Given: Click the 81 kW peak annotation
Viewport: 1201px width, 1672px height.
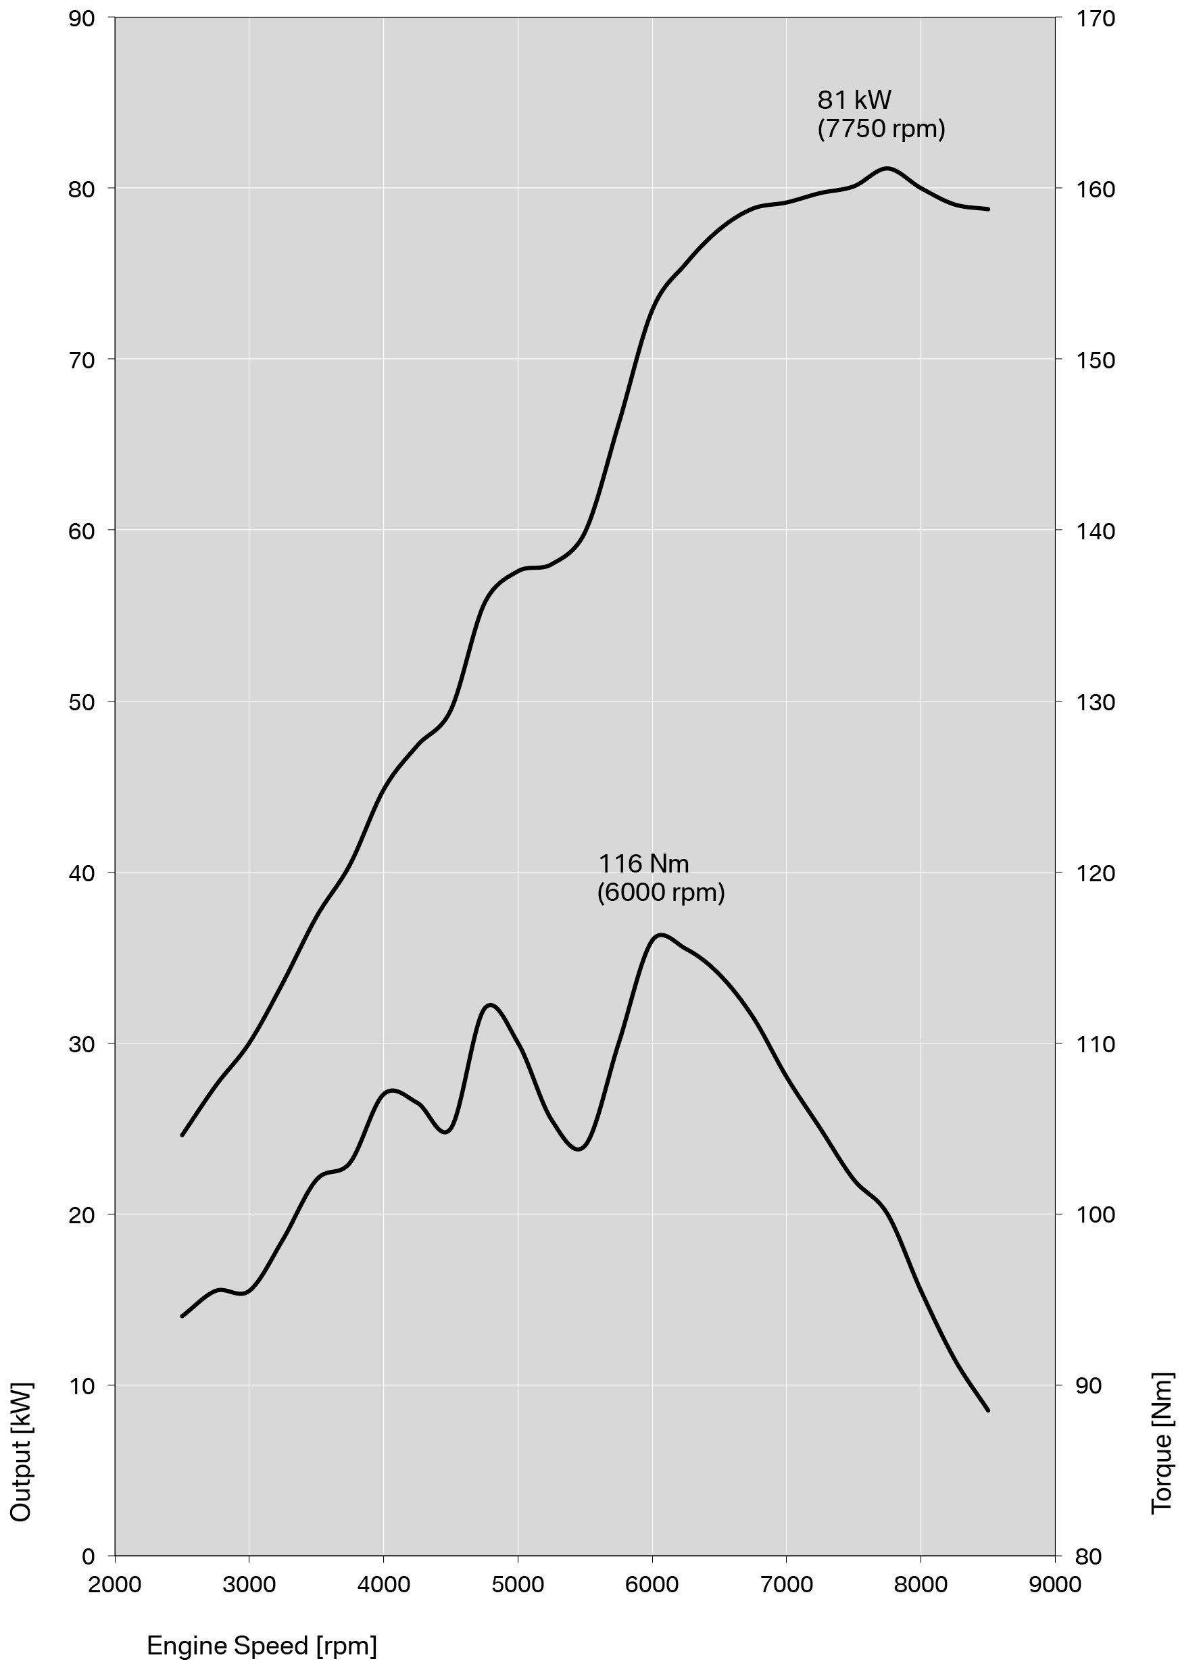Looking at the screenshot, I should tap(854, 99).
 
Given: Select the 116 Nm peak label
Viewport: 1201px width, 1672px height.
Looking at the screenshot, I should tap(643, 863).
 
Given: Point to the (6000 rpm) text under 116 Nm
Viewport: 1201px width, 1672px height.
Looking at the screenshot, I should tap(660, 893).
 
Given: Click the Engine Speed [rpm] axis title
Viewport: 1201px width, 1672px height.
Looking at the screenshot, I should tap(262, 1646).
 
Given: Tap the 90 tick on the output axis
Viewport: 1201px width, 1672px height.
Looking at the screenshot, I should tap(82, 18).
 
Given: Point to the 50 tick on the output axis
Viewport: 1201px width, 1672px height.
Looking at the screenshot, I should tap(82, 702).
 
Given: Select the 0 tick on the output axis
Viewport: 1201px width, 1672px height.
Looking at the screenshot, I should tap(89, 1556).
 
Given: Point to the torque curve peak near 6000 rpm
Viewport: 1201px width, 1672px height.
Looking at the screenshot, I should tap(660, 935).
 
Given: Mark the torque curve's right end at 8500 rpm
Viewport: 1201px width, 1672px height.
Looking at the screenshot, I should tap(988, 1410).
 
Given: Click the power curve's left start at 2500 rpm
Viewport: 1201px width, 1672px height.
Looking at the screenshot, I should tap(182, 1135).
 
